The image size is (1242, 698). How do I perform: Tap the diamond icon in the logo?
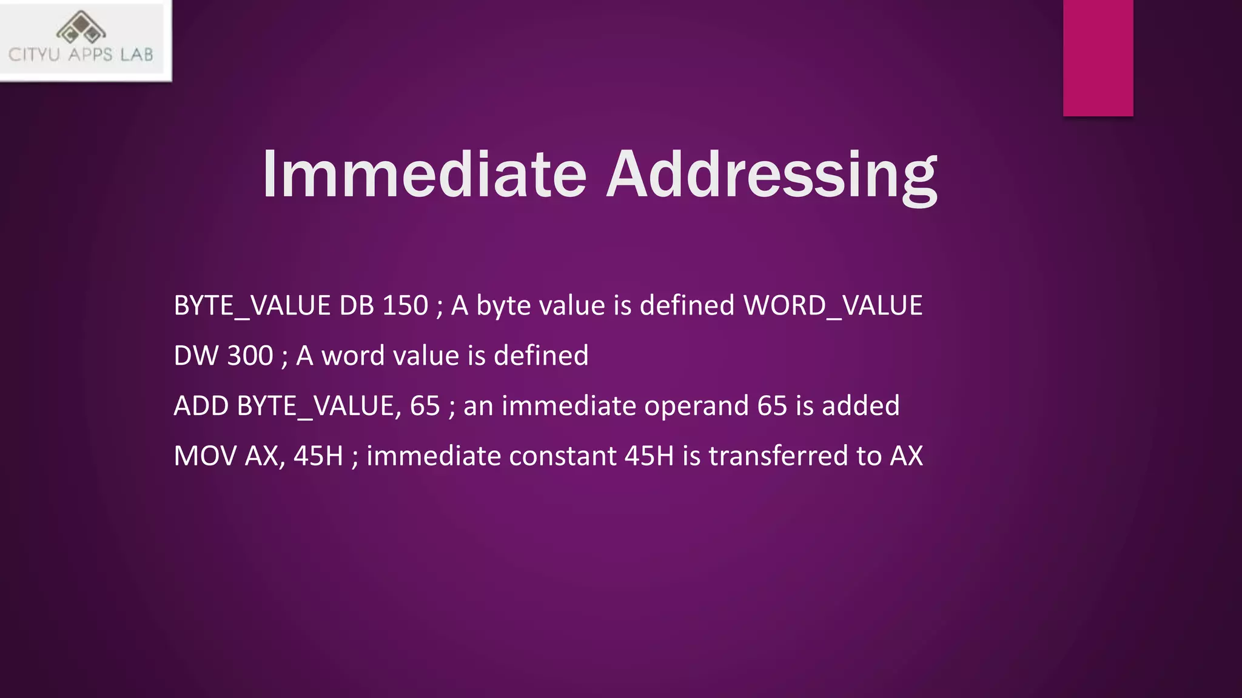pyautogui.click(x=81, y=28)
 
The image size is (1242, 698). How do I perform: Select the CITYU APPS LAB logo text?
pyautogui.click(x=81, y=55)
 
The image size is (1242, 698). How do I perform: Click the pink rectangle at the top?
pyautogui.click(x=1098, y=58)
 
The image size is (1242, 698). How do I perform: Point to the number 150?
pyautogui.click(x=405, y=305)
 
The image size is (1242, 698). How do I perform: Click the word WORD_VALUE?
pyautogui.click(x=833, y=305)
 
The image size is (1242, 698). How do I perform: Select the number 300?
pyautogui.click(x=250, y=356)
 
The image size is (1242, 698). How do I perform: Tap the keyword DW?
pyautogui.click(x=195, y=356)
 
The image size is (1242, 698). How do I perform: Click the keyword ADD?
pyautogui.click(x=201, y=406)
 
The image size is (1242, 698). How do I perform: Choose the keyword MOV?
pyautogui.click(x=204, y=456)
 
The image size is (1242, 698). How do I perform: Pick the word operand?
pyautogui.click(x=696, y=406)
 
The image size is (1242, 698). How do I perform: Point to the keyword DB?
pyautogui.click(x=356, y=305)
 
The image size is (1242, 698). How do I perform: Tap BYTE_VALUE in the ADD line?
pyautogui.click(x=315, y=406)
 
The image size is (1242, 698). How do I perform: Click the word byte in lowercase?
pyautogui.click(x=503, y=305)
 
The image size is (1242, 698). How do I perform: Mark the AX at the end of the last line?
pyautogui.click(x=906, y=456)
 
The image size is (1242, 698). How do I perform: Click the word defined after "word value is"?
pyautogui.click(x=541, y=356)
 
